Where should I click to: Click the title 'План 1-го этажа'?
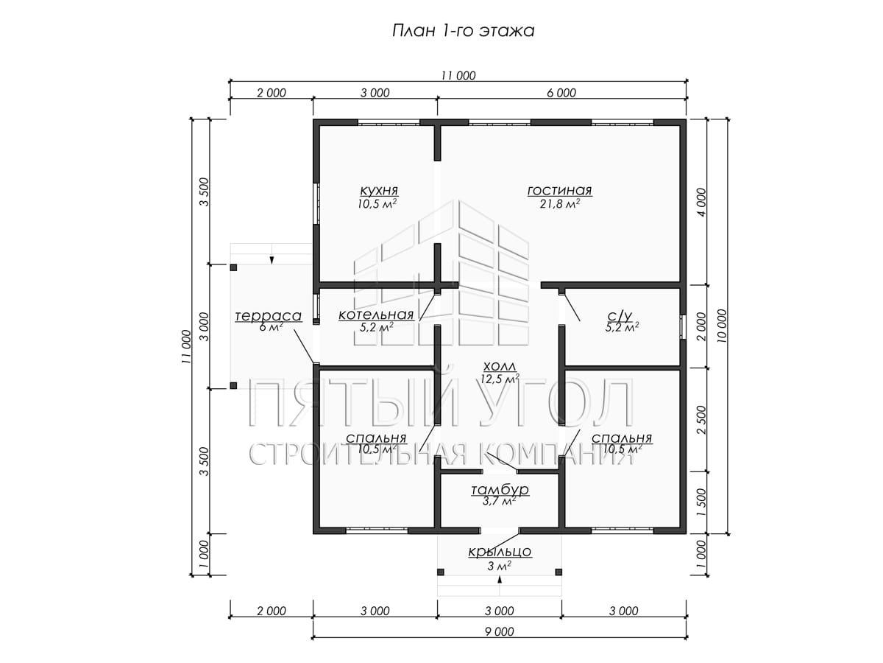tap(463, 31)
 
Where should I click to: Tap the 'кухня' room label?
tap(379, 190)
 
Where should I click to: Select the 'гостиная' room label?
tap(559, 190)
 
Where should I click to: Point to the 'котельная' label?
tap(376, 315)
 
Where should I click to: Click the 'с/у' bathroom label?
tap(622, 315)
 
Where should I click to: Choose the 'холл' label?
tap(499, 366)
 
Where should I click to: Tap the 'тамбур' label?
tap(500, 490)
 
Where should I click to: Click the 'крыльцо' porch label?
tap(500, 552)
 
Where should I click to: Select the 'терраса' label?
tap(269, 315)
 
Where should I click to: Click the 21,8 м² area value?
tap(559, 204)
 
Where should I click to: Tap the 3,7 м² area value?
tap(499, 501)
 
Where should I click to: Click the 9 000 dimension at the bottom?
tap(499, 631)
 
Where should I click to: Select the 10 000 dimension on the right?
tap(723, 326)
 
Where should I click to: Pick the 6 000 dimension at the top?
tap(561, 93)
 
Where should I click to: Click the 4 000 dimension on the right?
tap(701, 203)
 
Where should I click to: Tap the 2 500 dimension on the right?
tap(701, 419)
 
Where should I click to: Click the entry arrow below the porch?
tap(500, 580)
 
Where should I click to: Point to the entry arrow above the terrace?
tap(272, 260)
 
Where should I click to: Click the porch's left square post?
tap(441, 572)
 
